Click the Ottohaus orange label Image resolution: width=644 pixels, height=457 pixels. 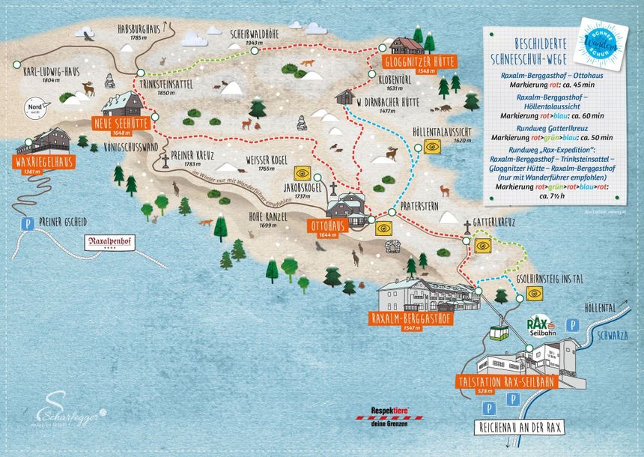(327, 228)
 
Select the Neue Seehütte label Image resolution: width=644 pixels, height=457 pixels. (121, 124)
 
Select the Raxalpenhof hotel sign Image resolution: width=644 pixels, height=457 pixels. (115, 243)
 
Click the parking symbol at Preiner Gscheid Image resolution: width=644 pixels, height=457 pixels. (28, 223)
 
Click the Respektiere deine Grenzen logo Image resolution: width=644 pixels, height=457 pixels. (389, 415)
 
